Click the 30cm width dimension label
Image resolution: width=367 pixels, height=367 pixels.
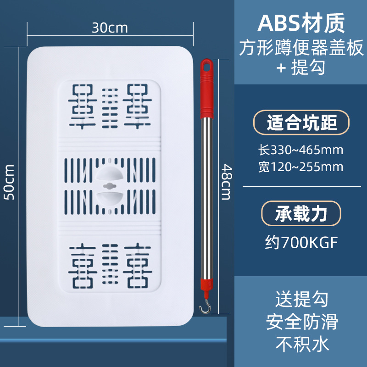click(x=110, y=28)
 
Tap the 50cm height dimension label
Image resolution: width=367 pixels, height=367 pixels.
click(x=10, y=182)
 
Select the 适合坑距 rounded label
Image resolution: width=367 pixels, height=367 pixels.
click(x=301, y=122)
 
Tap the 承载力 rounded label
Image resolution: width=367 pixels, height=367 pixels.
click(x=301, y=214)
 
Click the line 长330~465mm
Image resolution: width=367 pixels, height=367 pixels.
click(x=301, y=150)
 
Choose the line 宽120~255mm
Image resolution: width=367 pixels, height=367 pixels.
click(x=301, y=167)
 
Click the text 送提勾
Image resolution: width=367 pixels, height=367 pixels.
click(x=301, y=300)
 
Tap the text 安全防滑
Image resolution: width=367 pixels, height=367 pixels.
click(x=301, y=322)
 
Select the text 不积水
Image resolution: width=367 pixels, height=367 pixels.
click(x=301, y=344)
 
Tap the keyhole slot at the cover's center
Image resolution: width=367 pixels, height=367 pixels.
click(x=110, y=186)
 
